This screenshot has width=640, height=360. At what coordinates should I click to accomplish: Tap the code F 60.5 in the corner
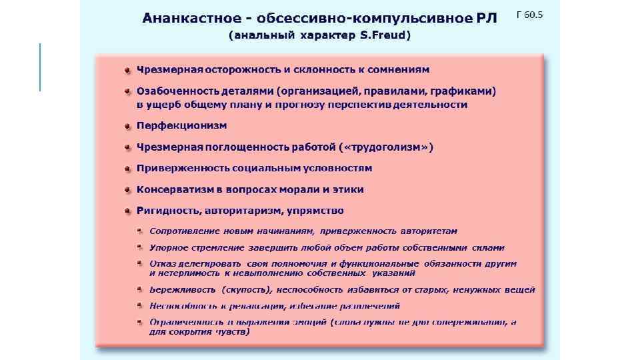tap(530, 14)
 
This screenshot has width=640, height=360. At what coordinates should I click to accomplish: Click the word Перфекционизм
tap(181, 125)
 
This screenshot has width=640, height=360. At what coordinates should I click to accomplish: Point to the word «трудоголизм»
tap(386, 147)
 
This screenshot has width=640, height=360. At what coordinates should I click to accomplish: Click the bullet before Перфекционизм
tap(127, 126)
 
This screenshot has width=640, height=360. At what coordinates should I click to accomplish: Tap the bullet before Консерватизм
tap(127, 190)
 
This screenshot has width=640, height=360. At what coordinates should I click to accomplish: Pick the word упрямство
tap(315, 211)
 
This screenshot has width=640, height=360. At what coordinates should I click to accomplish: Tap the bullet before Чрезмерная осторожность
tap(127, 70)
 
